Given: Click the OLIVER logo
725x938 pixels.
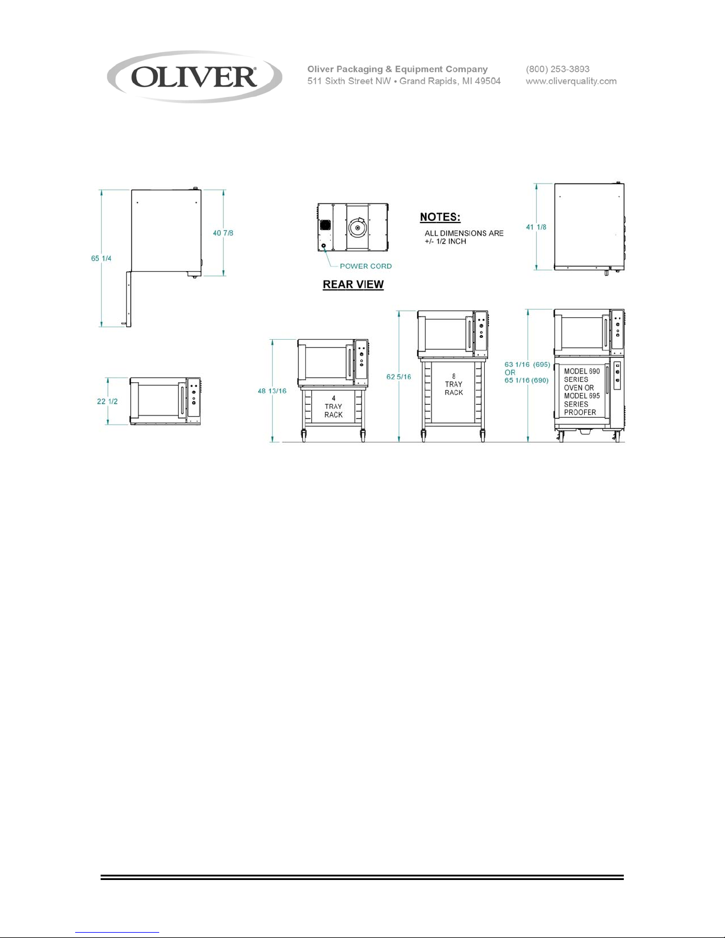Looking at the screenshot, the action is click(195, 78).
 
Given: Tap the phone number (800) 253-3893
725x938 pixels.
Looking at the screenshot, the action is click(558, 69).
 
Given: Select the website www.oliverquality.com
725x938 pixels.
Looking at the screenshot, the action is click(571, 81).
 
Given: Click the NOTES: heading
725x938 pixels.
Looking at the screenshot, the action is click(440, 217).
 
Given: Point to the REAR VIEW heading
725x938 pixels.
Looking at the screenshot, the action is click(353, 285).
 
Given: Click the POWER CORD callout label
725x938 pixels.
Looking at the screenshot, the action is click(366, 266).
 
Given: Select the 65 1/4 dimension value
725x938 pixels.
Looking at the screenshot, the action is click(101, 259).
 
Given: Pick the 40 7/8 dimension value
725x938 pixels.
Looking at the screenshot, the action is click(223, 233).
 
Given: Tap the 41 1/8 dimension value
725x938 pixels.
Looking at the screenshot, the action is click(536, 227).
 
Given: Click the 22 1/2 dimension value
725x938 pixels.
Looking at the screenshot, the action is click(107, 401).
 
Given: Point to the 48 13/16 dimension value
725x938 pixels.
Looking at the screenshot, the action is click(272, 391).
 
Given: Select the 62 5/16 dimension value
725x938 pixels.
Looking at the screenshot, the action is click(399, 377).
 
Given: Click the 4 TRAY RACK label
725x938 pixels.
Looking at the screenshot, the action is click(333, 407).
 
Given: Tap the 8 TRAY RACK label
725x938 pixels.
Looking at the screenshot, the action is click(453, 384).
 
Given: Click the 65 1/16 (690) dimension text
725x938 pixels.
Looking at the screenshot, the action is click(527, 381).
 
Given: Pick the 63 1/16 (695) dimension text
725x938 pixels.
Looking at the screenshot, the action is click(527, 365).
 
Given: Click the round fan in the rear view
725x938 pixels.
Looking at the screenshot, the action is click(357, 227).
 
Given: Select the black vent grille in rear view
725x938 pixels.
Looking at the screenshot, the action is click(326, 225).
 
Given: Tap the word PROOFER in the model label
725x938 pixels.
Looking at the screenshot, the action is click(580, 412).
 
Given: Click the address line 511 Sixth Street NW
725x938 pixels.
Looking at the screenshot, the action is click(349, 81).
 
